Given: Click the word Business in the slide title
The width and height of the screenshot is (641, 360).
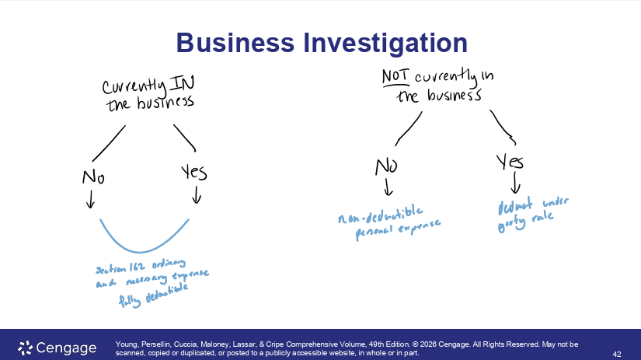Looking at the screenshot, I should tap(232, 43).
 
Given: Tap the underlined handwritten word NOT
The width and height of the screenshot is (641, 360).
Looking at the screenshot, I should tap(396, 78).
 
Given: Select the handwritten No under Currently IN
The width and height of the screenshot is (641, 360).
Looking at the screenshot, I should tap(93, 177).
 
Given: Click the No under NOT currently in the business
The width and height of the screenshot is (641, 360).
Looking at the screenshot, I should tap(387, 166).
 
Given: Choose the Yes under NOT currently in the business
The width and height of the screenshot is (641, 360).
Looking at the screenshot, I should tap(510, 162).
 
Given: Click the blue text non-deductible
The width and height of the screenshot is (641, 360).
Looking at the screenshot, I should tap(380, 211).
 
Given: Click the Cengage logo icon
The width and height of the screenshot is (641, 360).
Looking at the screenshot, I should tap(25, 347).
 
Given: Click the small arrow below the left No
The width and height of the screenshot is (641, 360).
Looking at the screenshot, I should tap(91, 200).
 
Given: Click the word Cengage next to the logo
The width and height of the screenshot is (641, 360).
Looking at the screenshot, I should tap(66, 348).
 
